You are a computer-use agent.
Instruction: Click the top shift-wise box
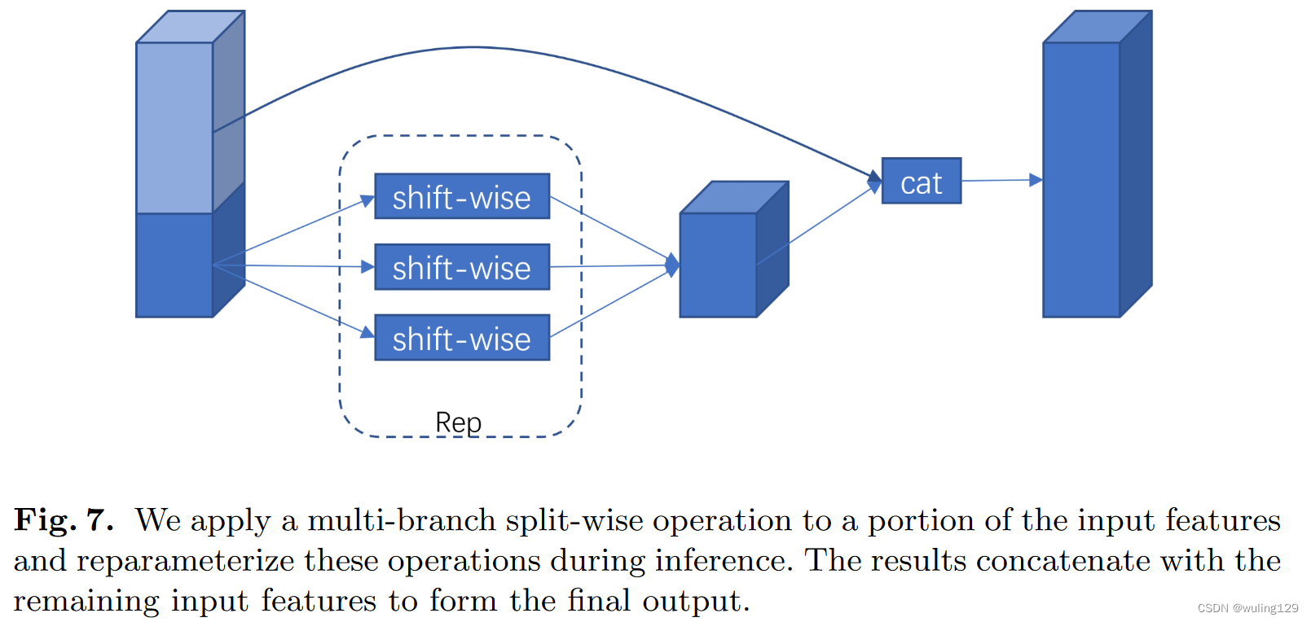pos(462,196)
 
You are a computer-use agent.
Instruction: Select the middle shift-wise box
pos(462,267)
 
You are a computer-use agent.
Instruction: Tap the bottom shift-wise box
pos(462,338)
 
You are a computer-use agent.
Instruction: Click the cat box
pos(922,181)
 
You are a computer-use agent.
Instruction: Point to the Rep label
pos(458,423)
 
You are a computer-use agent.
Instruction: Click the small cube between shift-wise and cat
pos(719,264)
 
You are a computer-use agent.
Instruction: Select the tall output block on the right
pos(1082,179)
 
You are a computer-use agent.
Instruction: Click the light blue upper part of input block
pos(174,128)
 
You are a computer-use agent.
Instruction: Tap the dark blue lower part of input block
pos(174,265)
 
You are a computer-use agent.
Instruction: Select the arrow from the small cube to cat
pos(815,227)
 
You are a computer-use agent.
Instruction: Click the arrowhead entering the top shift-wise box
pos(367,199)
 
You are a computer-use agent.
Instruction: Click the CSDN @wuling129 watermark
pos(1247,608)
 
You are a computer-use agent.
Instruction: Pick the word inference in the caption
pos(722,561)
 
